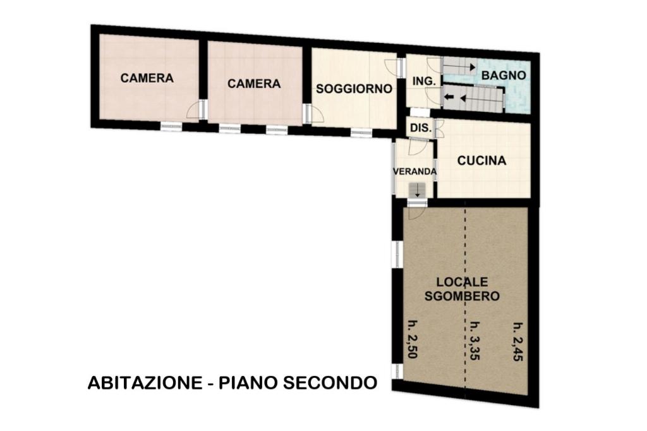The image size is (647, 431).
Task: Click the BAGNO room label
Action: [x=504, y=76]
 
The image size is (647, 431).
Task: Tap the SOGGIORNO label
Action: [x=354, y=88]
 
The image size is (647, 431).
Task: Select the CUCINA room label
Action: [x=481, y=161]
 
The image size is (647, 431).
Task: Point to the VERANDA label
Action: [x=414, y=171]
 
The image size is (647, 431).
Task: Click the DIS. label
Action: [x=421, y=128]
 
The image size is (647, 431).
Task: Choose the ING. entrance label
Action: [x=424, y=82]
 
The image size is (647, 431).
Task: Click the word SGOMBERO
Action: [x=462, y=296]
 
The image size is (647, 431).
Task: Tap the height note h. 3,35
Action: [x=475, y=341]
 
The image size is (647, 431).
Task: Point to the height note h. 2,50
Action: [x=412, y=339]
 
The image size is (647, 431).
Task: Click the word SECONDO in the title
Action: [x=330, y=383]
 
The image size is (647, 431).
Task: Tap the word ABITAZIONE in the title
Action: [x=145, y=383]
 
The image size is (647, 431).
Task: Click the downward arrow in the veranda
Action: [x=418, y=190]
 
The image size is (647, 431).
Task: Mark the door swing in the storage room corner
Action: [x=416, y=213]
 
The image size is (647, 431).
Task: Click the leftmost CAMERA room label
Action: [x=147, y=78]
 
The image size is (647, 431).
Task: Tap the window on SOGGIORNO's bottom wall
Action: [x=361, y=133]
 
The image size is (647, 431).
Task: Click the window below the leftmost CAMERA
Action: [x=171, y=126]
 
